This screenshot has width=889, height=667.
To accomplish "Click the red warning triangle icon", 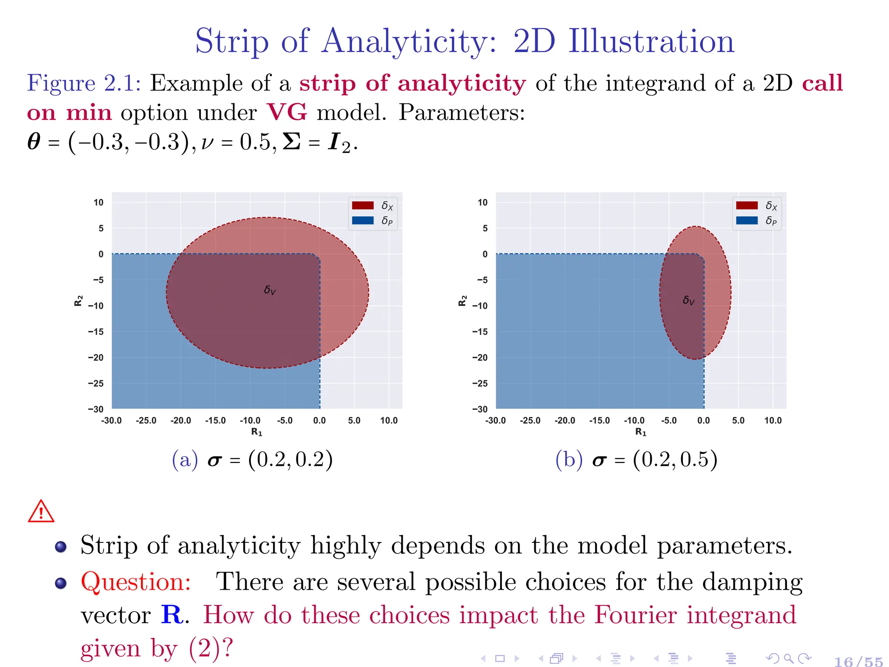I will pos(41,512).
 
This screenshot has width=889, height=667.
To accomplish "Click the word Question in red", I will pos(135,582).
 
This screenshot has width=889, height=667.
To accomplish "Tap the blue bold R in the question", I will pos(172,615).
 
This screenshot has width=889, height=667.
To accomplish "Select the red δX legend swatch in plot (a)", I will pos(362,205).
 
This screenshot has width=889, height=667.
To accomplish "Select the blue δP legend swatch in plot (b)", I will pos(747,221).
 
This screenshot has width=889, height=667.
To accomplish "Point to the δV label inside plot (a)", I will pos(270,290).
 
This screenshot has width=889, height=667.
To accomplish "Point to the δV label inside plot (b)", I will pos(688,300).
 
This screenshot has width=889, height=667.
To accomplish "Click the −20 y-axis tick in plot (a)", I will pos(96,358).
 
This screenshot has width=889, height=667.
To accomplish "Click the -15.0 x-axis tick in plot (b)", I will pos(599,420).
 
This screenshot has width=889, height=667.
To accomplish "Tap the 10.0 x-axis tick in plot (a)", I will pos(389,420).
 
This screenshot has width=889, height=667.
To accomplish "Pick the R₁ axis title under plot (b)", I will pos(641,432).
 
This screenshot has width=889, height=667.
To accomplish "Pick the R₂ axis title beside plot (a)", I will pos(79,300).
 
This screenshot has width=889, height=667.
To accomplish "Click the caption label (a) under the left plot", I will pos(185,460).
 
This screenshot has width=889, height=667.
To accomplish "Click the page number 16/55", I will pos(858,661).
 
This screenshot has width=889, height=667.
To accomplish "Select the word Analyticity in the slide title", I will pos(408,42).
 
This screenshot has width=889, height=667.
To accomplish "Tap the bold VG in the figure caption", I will pos(286,112).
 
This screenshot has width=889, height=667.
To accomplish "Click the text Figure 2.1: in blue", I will pos(84,83).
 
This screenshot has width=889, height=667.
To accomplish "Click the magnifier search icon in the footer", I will pos(789,658).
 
